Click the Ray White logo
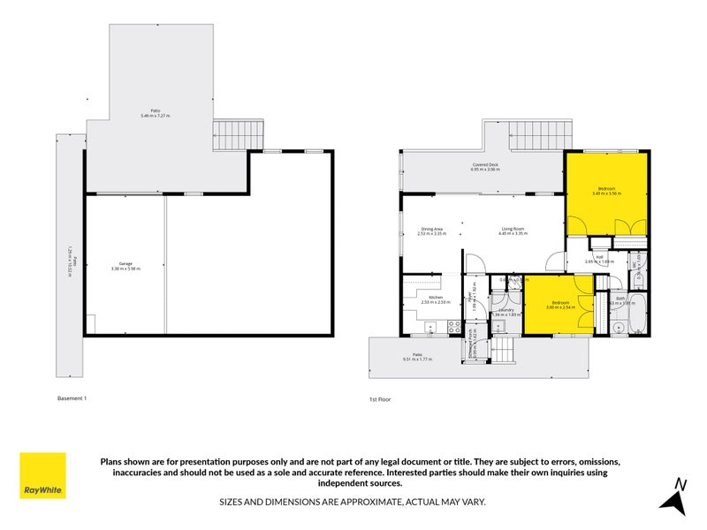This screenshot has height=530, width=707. [42, 475]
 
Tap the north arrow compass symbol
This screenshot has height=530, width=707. [675, 496]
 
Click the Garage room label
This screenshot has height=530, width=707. [126, 266]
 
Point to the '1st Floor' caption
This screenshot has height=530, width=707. [380, 399]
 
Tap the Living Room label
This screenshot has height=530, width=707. [513, 231]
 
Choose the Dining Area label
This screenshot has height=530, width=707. [433, 231]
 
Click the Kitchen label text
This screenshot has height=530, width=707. [435, 299]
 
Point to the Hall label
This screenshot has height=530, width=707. [599, 259]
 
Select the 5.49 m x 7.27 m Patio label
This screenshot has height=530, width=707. [156, 114]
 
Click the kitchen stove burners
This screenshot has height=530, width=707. [452, 327]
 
